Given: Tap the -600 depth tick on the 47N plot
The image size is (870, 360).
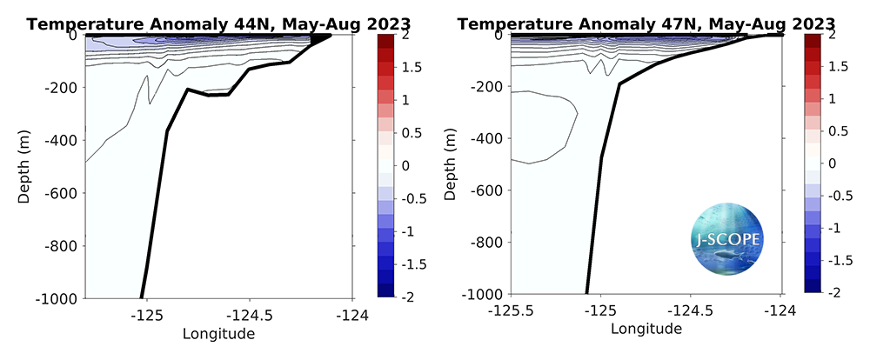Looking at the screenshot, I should pos(485,190).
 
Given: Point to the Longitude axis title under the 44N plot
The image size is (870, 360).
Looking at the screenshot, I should pos(218,334).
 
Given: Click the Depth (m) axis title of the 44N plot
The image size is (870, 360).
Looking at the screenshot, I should pos(24,165).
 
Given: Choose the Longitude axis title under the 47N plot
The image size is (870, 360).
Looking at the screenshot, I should pos(646,330).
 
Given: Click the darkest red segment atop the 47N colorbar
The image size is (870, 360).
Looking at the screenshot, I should pos(815,40).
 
